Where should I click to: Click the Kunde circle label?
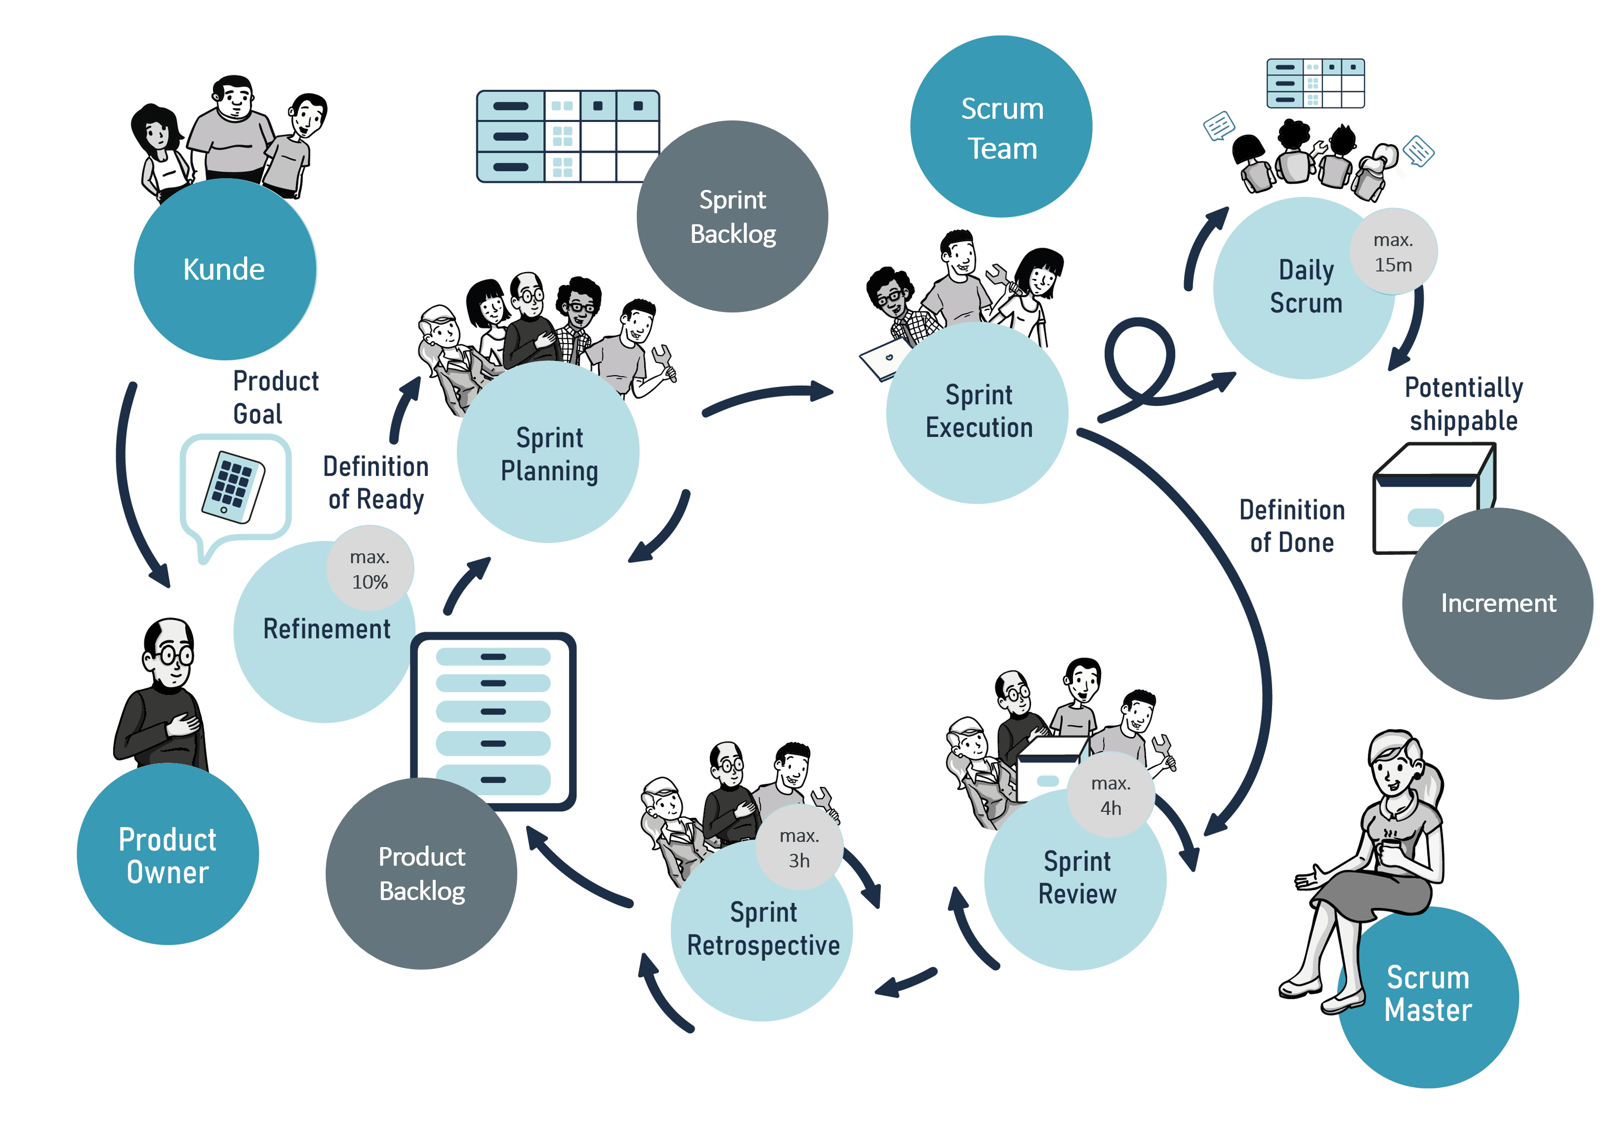coord(224,269)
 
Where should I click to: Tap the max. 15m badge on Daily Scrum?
coord(1392,252)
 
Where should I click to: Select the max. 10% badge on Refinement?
coord(369,569)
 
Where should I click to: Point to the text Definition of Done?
coord(1292,526)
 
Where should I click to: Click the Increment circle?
coord(1497,603)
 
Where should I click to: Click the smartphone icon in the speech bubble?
coord(233,487)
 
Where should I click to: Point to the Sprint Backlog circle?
coord(732,216)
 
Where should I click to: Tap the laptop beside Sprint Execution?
coord(884,359)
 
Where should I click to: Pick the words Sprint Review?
coord(1077,877)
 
